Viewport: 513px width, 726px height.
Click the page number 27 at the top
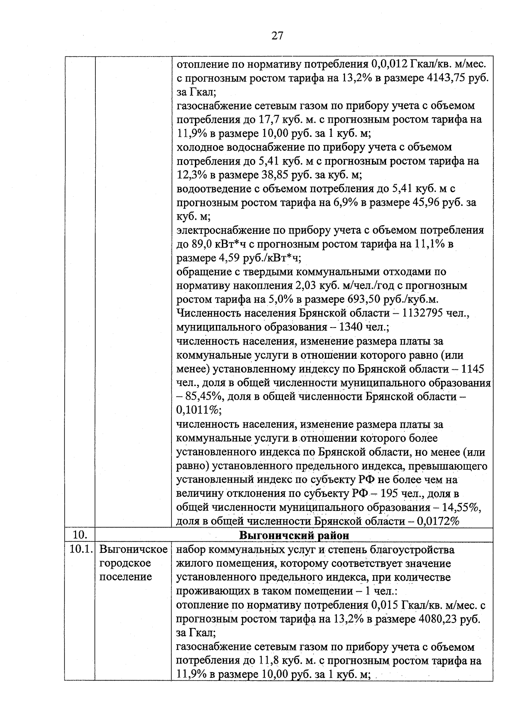pyautogui.click(x=277, y=36)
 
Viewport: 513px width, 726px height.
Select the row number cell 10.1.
pyautogui.click(x=80, y=549)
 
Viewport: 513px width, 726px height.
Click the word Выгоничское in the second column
pyautogui.click(x=133, y=549)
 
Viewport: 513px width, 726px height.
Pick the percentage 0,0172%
pyautogui.click(x=436, y=521)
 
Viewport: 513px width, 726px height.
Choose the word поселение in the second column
pyautogui.click(x=126, y=577)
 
